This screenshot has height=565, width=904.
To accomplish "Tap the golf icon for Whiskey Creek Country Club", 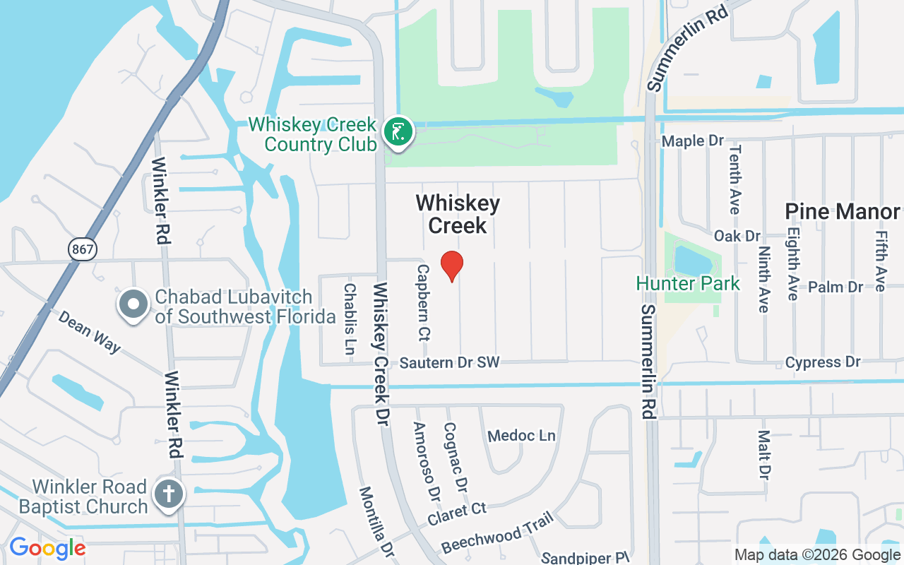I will pos(398,132).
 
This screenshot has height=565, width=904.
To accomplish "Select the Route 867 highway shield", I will pos(83,249).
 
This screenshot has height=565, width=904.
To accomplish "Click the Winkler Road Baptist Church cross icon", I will pos(170,494).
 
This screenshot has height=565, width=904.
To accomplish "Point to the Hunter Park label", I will pos(688,284).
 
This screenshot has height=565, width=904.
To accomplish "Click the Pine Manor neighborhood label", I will pos(843,211).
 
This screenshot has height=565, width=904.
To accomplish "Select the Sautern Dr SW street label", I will pos(449,362).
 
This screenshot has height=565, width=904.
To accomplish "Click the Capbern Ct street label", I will pos(424,302).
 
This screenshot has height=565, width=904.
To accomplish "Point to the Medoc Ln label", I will pos(522,435).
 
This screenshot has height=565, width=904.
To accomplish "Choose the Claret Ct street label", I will pos(457,515).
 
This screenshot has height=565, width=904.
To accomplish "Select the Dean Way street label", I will pos(90,332).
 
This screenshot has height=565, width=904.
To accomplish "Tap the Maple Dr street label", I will pos(693,141).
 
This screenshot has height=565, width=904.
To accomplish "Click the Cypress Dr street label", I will pos(823,362).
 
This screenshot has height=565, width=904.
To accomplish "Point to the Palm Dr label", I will pos(835,287).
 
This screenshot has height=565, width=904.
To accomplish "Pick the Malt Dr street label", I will pos(763,453).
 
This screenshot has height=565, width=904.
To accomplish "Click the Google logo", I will pos(47,548).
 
